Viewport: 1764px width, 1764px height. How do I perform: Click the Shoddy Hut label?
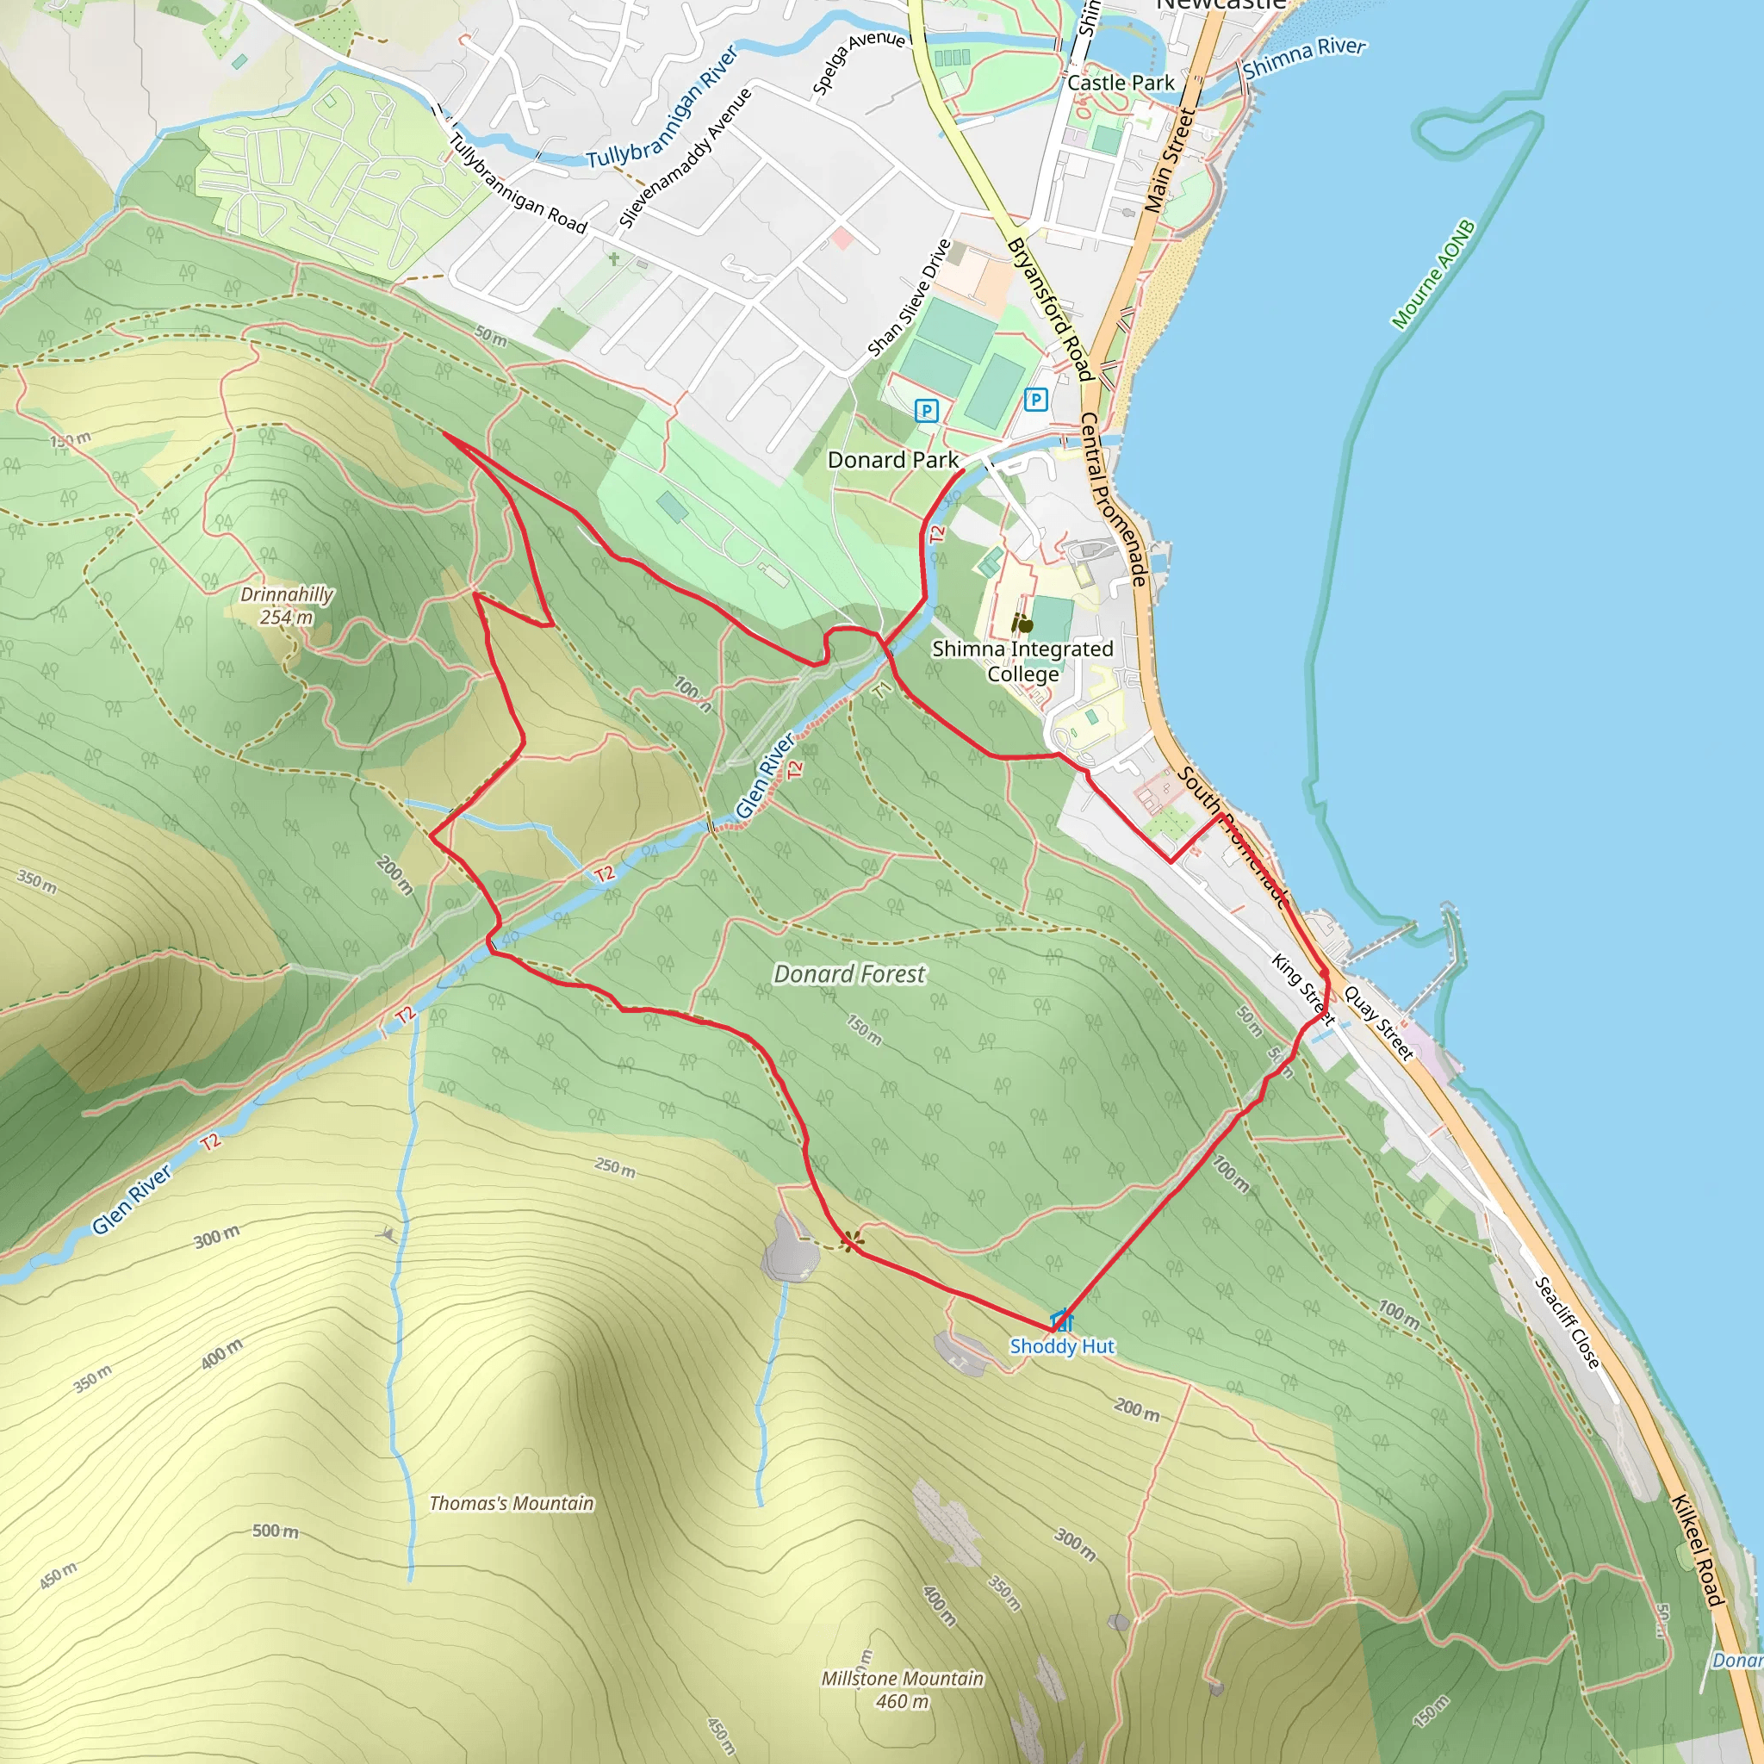tap(1061, 1346)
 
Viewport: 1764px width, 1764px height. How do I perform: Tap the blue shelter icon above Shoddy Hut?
tap(1061, 1320)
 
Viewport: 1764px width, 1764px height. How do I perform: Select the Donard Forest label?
tap(849, 974)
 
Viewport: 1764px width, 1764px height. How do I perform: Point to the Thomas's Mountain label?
tap(512, 1503)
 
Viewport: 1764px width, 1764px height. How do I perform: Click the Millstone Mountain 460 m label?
tap(902, 1689)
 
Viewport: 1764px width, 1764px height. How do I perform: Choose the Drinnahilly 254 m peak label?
tap(287, 606)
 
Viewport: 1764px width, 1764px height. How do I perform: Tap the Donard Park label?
tap(892, 460)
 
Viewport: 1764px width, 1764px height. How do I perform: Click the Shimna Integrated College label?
tap(1022, 661)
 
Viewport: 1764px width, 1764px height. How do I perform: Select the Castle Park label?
tap(1121, 83)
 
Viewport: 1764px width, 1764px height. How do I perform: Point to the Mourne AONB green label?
tap(1432, 274)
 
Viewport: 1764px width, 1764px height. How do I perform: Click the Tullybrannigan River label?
tap(662, 108)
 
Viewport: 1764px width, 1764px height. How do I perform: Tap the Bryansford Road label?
tap(1050, 308)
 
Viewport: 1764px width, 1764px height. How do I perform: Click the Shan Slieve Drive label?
tap(909, 299)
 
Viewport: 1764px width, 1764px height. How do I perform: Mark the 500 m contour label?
tap(275, 1531)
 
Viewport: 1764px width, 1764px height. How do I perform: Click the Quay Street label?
tap(1378, 1023)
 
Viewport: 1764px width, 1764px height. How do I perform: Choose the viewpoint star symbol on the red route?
tap(851, 1241)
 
